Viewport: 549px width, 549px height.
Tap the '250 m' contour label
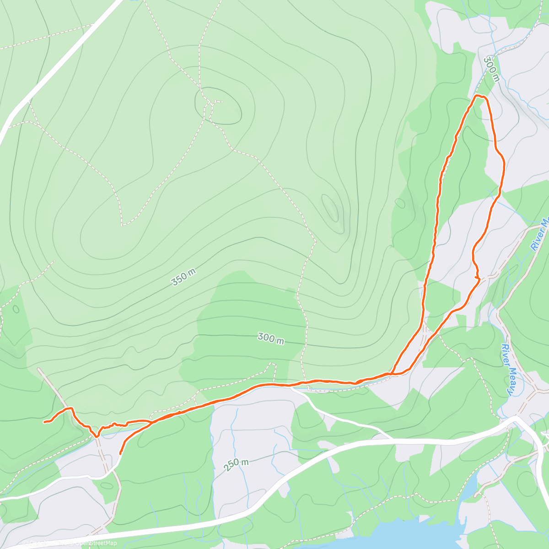(237, 465)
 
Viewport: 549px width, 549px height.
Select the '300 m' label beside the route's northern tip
(491, 69)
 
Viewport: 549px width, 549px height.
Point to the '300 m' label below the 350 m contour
(271, 339)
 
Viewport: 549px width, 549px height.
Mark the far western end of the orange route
(44, 422)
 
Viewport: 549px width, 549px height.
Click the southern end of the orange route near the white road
(120, 453)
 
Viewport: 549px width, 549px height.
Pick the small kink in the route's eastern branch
(477, 276)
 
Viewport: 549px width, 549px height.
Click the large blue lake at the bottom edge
(412, 535)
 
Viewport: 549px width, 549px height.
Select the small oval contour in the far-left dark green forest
(16, 309)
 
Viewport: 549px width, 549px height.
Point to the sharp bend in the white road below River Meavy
(517, 418)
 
